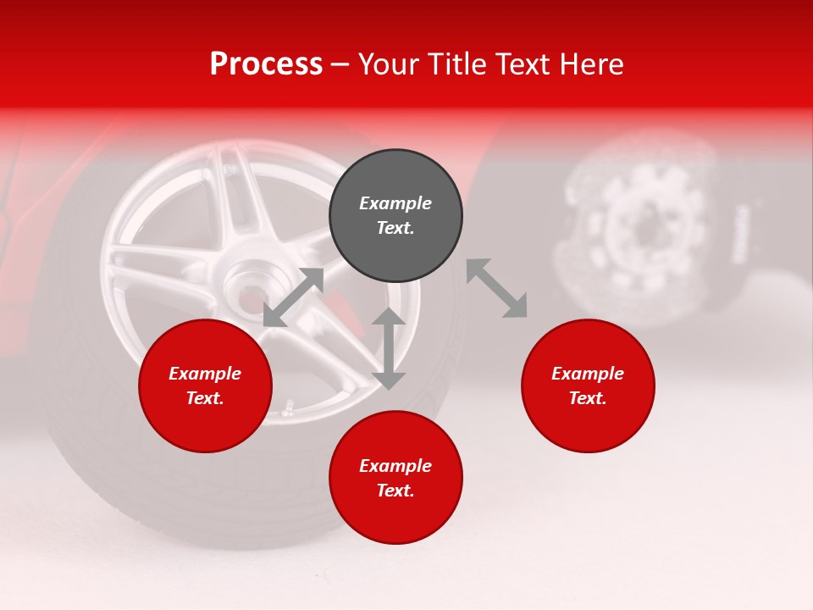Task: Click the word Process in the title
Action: click(266, 64)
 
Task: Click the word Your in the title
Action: click(388, 64)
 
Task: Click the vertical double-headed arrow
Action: click(389, 348)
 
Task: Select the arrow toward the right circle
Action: click(497, 288)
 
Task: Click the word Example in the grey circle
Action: click(395, 203)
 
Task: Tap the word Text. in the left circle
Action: click(205, 398)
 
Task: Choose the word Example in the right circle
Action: click(588, 374)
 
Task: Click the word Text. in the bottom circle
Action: click(395, 491)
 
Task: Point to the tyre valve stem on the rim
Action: click(288, 411)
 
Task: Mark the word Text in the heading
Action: click(520, 64)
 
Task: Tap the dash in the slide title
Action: click(340, 64)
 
